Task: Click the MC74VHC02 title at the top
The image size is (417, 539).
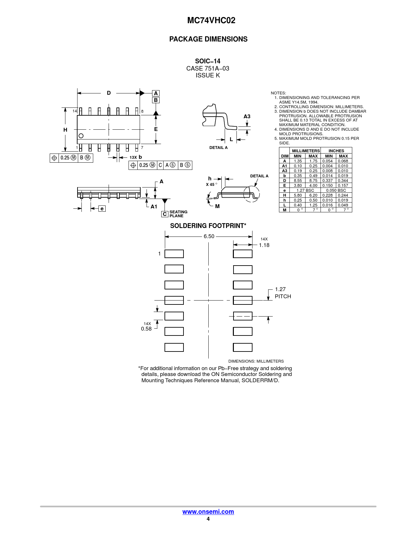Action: (211, 20)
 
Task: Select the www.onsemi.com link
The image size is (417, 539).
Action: (208, 512)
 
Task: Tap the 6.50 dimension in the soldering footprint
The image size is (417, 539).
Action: (209, 237)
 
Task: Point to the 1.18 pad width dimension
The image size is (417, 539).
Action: (264, 245)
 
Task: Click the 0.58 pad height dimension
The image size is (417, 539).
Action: (146, 329)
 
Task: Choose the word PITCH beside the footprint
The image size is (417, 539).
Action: (283, 296)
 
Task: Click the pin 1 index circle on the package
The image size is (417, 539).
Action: (81, 136)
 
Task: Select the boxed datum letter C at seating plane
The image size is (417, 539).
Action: (165, 214)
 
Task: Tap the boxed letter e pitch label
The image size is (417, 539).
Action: (102, 209)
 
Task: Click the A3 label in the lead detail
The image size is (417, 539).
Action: (247, 116)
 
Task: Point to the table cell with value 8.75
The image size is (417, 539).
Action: (313, 181)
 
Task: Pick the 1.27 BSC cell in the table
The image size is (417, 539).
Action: (305, 190)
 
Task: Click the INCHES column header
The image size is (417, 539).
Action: (336, 151)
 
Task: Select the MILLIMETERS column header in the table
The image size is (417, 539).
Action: (306, 151)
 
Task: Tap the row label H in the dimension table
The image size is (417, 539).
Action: (285, 195)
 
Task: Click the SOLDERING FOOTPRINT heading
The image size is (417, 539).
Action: (208, 226)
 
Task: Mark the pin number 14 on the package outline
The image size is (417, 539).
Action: (75, 111)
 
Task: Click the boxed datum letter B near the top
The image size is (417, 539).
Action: (156, 100)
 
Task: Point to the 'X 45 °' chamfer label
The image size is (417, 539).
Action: (212, 184)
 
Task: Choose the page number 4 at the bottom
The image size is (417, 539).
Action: (208, 519)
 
